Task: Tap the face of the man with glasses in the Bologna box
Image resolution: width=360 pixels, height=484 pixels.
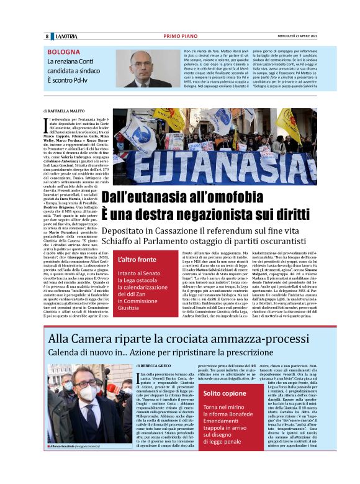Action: click(140, 62)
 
